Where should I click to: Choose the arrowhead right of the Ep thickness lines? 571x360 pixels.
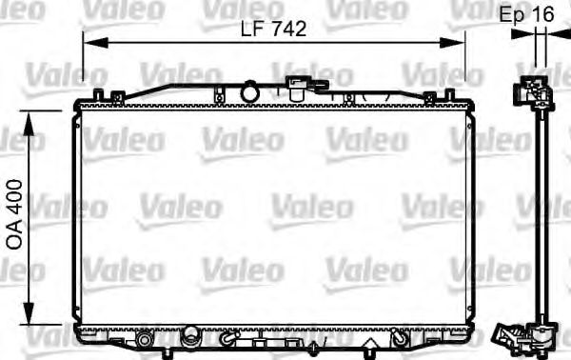coord(558,35)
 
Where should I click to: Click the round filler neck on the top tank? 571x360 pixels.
coord(250,92)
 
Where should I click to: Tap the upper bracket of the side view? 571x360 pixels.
coord(536,93)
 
